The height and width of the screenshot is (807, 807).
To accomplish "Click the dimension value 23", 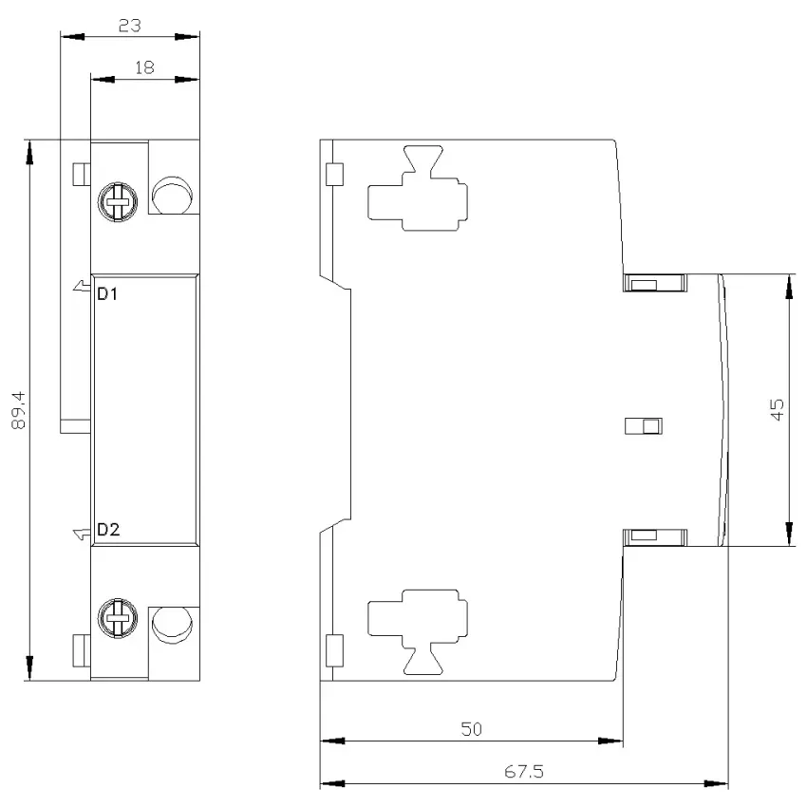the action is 130,26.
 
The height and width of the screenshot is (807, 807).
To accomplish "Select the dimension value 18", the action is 144,67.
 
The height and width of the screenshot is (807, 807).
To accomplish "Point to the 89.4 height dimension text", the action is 19,410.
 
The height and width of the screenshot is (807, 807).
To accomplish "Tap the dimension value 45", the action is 778,410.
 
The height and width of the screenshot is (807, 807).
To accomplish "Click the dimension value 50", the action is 472,729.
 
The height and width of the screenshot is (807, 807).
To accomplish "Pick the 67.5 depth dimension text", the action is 524,772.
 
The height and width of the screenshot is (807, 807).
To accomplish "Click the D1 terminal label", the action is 107,294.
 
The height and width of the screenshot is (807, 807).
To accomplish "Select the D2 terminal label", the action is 108,529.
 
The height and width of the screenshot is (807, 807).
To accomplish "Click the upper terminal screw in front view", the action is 118,201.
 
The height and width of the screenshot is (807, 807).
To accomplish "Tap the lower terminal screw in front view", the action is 118,618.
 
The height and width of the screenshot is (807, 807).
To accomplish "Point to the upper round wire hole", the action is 173,196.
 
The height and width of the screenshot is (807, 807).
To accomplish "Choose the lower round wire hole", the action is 173,626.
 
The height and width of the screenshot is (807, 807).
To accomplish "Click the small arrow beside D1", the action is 82,286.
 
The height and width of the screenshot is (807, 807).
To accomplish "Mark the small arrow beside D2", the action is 82,535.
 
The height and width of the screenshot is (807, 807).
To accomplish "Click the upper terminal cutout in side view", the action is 418,188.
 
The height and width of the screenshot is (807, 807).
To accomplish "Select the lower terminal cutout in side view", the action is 418,632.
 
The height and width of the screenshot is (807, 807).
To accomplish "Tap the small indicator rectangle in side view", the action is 644,426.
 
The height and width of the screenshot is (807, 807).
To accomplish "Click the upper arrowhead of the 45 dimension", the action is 788,286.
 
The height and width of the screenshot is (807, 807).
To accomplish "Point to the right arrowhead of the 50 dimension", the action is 610,741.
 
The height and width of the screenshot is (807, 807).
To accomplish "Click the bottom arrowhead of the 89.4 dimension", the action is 29,668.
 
